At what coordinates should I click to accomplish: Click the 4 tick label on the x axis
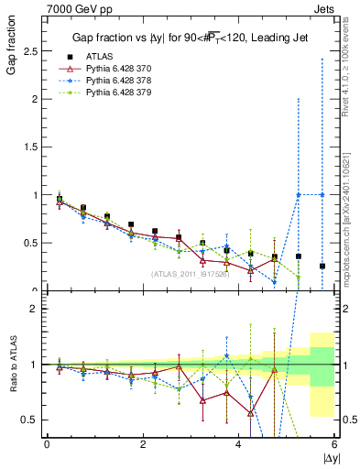[x=239, y=444]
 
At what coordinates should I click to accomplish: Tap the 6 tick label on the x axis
[x=334, y=444]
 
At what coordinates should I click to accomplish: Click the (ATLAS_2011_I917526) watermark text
[x=191, y=274]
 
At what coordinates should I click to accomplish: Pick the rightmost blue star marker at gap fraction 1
[x=322, y=194]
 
